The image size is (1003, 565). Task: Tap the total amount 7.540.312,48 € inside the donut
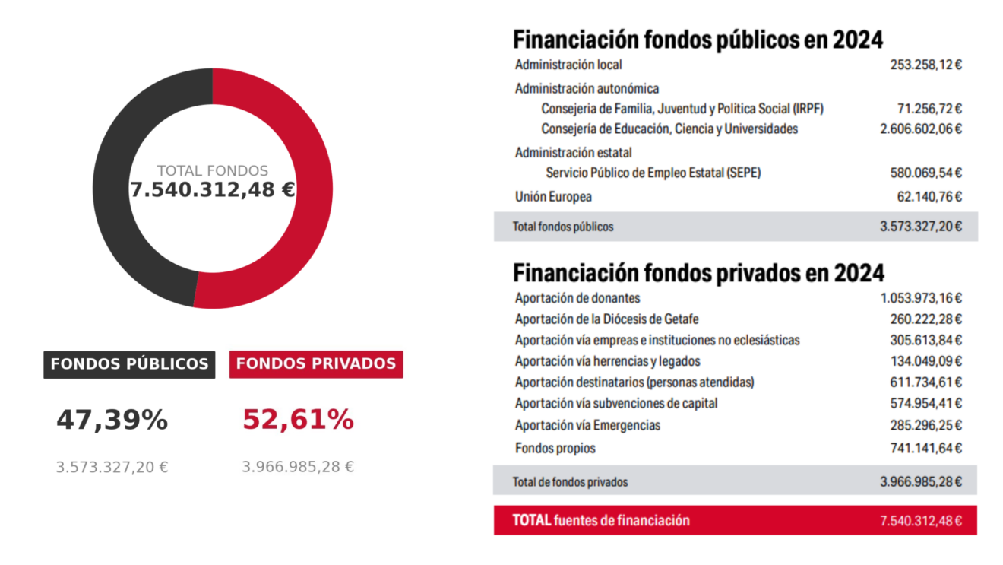[212, 190]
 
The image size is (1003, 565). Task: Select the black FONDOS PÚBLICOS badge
[129, 364]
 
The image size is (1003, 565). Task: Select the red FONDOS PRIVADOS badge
[316, 364]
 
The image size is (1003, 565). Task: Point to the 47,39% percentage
[112, 420]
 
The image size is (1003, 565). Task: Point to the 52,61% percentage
[298, 420]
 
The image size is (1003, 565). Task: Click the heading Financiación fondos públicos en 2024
[698, 40]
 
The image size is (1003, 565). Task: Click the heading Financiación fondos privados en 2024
[698, 272]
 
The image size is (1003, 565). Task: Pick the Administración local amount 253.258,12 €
[926, 65]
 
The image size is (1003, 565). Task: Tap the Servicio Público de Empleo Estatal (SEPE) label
[653, 173]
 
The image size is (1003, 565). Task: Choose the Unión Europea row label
[553, 197]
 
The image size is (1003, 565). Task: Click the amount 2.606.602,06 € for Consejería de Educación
[921, 129]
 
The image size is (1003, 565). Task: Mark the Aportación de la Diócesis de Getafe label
[606, 319]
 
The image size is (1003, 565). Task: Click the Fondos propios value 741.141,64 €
[926, 449]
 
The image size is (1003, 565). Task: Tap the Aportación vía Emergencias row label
[587, 425]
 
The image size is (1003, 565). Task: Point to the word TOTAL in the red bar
[531, 520]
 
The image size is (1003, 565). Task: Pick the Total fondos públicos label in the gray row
[563, 227]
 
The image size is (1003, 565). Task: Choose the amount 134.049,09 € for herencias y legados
[926, 361]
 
